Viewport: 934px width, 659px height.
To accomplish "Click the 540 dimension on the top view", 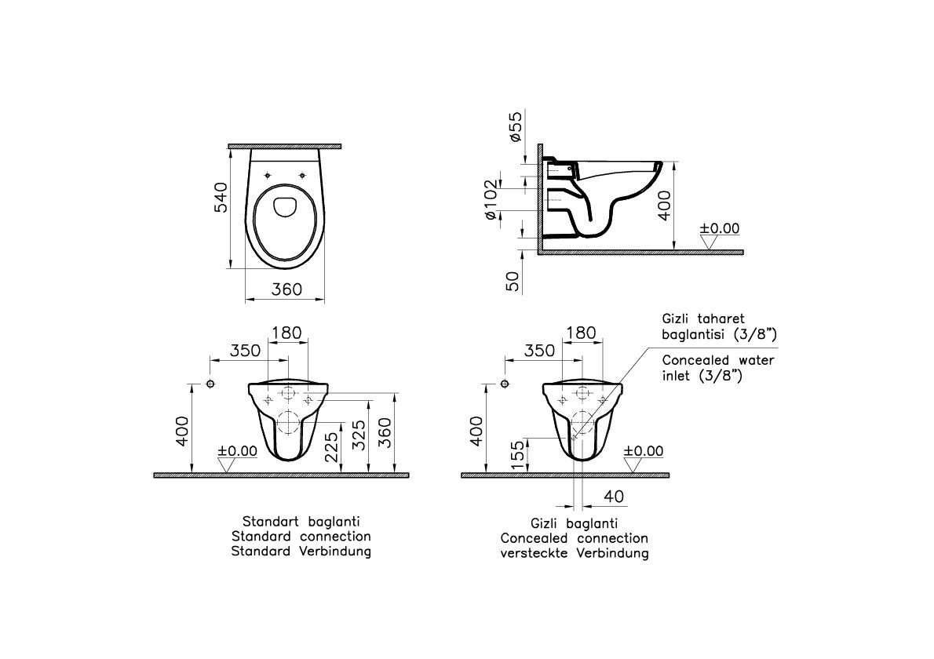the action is [x=221, y=198].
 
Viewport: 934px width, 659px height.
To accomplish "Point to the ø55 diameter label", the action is [x=515, y=126].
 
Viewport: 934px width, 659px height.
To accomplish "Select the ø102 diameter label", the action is [x=490, y=199].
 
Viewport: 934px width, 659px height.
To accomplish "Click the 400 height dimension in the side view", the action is [x=664, y=206].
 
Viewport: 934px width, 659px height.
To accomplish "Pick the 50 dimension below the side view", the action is [x=513, y=281].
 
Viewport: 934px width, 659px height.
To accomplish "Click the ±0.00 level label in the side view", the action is [x=719, y=228].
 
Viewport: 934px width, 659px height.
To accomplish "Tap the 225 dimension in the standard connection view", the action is [x=331, y=446].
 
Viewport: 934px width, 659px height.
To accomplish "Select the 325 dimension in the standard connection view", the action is [x=359, y=435].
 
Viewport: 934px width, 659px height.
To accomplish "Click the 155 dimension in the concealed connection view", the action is [x=518, y=454].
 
